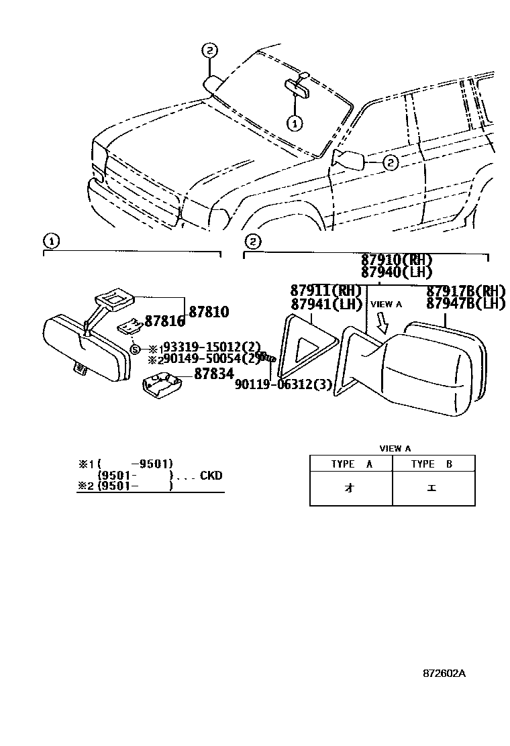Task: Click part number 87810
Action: (209, 312)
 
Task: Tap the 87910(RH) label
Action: (397, 260)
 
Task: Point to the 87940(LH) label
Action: (397, 272)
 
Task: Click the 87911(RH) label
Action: (326, 290)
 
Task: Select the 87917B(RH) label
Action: (466, 290)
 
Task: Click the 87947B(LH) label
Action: (466, 303)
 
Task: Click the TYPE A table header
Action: (351, 464)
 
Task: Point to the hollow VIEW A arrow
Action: (382, 325)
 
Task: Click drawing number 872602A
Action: (444, 672)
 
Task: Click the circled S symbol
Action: (134, 349)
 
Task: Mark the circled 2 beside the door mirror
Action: (391, 162)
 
